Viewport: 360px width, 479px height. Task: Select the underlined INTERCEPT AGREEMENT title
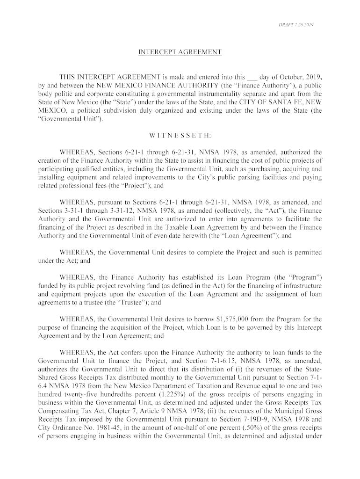[180, 52]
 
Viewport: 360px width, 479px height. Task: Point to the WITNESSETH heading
[180, 136]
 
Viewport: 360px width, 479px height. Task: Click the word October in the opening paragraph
[284, 77]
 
